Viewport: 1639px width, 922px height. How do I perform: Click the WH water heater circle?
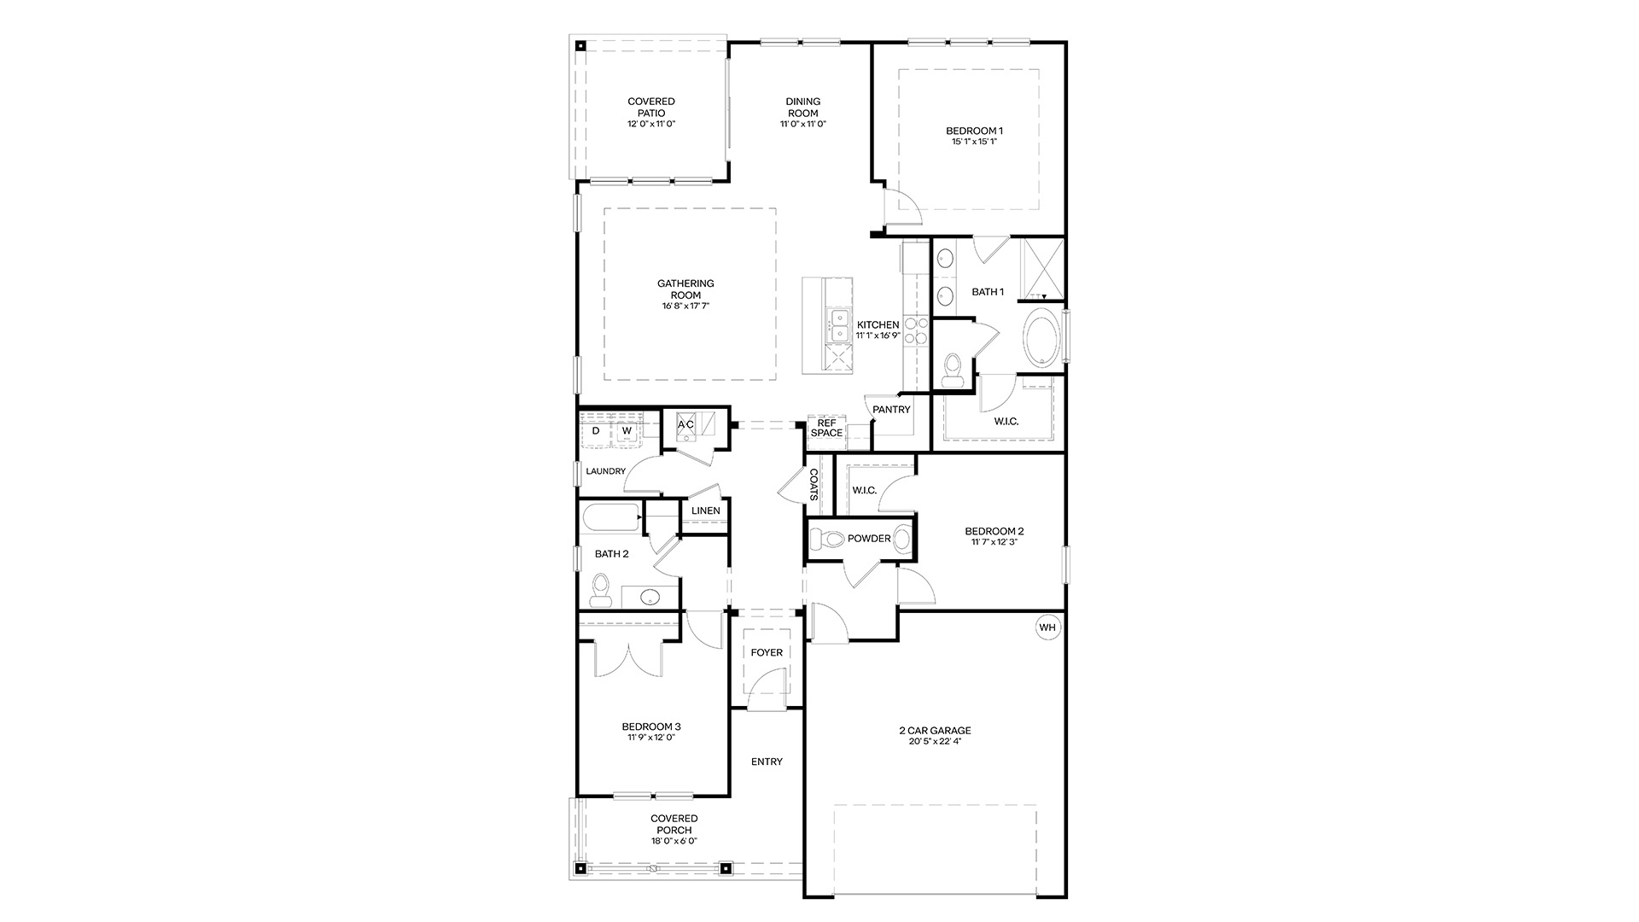[1047, 627]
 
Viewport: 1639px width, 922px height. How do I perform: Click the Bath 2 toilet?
[601, 589]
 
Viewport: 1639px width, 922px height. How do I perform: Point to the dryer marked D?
[597, 431]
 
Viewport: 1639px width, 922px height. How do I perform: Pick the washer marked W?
[626, 431]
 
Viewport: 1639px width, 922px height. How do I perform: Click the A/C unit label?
[685, 424]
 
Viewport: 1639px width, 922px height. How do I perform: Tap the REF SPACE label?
[826, 428]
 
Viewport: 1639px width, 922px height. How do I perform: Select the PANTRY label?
[891, 410]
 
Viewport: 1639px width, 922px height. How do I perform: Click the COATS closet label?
[814, 484]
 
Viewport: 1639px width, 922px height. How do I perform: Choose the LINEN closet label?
[706, 511]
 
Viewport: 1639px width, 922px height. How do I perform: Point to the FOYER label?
[767, 653]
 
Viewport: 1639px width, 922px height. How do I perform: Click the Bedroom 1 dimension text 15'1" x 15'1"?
[974, 142]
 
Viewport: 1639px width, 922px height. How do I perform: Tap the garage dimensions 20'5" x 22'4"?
[935, 742]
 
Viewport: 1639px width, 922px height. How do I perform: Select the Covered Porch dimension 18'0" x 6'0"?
[674, 841]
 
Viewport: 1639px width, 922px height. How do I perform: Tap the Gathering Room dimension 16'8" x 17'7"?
[685, 306]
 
